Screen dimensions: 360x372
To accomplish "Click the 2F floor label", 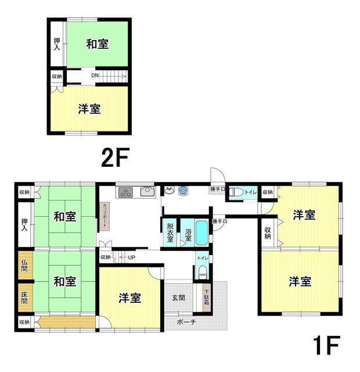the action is pos(115,157).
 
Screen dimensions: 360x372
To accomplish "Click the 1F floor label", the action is pos(326,345).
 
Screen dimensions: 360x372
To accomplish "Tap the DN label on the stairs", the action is pos(95,76).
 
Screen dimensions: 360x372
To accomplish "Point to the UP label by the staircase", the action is pos(132,257).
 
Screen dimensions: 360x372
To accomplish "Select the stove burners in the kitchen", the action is pos(125,192).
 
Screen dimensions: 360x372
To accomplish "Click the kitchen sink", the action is pos(147,191).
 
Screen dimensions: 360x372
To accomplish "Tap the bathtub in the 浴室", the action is pos(202,233).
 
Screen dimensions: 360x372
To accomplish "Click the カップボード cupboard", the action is pos(105,216).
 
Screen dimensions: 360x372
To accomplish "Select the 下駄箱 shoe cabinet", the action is pos(207,298).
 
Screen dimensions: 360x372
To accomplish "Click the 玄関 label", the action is pos(178,298).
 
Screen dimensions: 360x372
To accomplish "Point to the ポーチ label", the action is pos(186,322).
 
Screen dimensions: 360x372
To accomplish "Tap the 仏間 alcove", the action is pos(26,265).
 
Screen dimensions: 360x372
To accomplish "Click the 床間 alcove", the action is pos(26,298).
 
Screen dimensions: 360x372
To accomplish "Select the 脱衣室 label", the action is pos(170,233).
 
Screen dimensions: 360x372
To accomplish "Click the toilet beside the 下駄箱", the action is pos(203,272).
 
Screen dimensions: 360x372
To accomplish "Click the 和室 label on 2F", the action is pos(98,44).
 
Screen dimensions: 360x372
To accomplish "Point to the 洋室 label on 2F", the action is pos(89,109).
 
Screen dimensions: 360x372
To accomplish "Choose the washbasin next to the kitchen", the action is pos(169,190).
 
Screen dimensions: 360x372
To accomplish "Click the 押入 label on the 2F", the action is pos(57,44).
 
